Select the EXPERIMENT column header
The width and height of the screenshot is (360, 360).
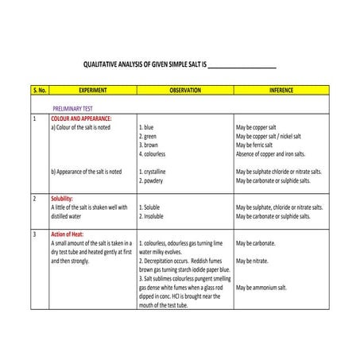(92, 91)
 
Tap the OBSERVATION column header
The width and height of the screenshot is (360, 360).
(185, 91)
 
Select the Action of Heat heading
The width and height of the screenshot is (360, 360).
(69, 234)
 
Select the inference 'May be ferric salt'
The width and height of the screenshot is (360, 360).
(261, 145)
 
